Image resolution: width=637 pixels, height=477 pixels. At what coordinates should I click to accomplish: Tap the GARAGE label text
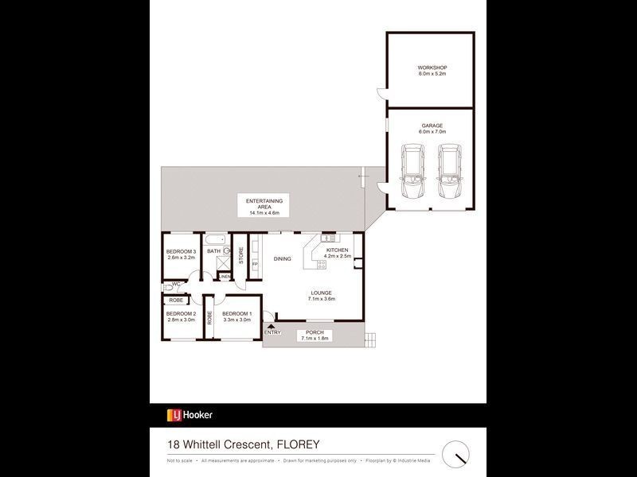[432, 126]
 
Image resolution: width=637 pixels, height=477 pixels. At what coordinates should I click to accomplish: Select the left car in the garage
[412, 173]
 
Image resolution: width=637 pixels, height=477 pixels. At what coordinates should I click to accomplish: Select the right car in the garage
[448, 173]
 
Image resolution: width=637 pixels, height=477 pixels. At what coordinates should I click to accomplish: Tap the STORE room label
[240, 256]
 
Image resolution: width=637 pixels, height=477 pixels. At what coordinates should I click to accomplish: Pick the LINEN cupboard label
[225, 277]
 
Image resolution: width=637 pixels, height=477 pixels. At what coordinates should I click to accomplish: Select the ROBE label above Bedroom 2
[175, 301]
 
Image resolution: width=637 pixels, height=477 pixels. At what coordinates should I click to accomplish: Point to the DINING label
[283, 259]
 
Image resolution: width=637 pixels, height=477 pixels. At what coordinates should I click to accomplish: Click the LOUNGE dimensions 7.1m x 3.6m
[322, 299]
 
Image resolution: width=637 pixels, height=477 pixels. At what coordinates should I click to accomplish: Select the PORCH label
[314, 333]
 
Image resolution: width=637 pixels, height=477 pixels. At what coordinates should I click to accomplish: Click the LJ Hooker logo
[189, 414]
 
